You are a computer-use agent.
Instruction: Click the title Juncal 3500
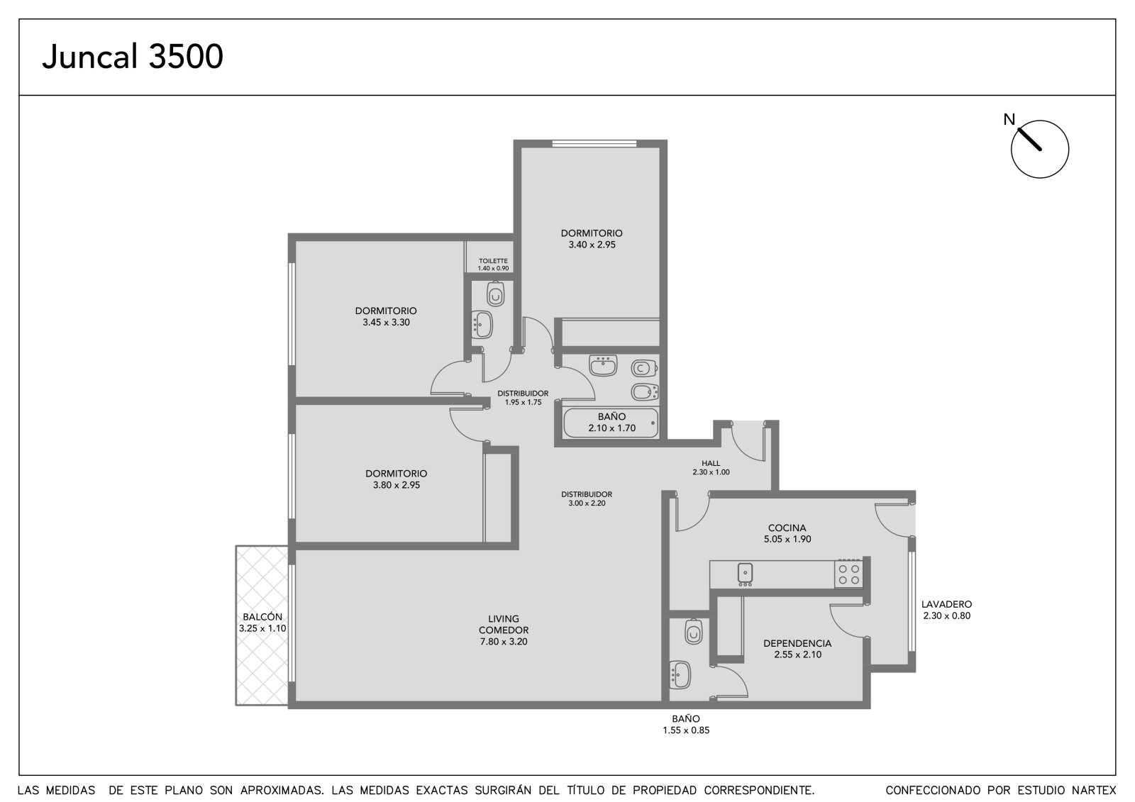pyautogui.click(x=133, y=56)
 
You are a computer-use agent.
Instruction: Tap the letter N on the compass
pyautogui.click(x=1009, y=120)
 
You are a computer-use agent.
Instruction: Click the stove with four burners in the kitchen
pyautogui.click(x=848, y=574)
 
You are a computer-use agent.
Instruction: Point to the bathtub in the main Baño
pyautogui.click(x=611, y=423)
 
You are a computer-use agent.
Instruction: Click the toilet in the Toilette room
pyautogui.click(x=496, y=294)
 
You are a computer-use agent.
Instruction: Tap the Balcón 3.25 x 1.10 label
pyautogui.click(x=262, y=623)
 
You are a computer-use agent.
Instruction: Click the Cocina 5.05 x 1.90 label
pyautogui.click(x=787, y=533)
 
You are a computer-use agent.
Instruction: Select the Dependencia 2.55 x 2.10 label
pyautogui.click(x=797, y=649)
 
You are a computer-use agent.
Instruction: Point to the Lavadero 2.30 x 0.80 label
pyautogui.click(x=946, y=610)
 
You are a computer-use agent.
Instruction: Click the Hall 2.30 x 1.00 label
pyautogui.click(x=711, y=467)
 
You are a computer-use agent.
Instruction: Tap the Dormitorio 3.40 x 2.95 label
pyautogui.click(x=592, y=239)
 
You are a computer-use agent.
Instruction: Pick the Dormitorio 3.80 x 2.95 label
pyautogui.click(x=397, y=479)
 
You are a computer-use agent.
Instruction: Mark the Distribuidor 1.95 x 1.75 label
pyautogui.click(x=523, y=398)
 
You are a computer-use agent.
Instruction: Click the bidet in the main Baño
pyautogui.click(x=645, y=391)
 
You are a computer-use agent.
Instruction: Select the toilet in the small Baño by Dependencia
pyautogui.click(x=693, y=631)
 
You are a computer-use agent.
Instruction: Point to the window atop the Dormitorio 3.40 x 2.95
pyautogui.click(x=594, y=144)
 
